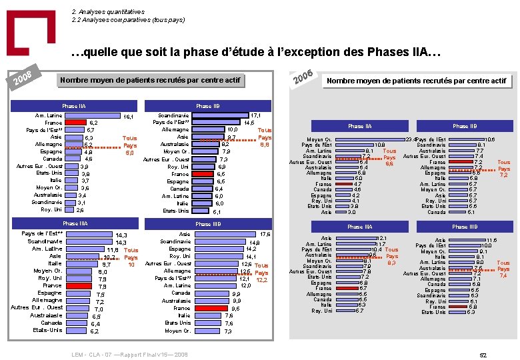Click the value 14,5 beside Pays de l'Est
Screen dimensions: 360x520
pos(249,123)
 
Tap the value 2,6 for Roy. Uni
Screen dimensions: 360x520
pos(80,210)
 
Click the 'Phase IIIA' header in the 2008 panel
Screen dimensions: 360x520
pos(75,223)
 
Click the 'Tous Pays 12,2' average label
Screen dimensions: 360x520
pos(261,273)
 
